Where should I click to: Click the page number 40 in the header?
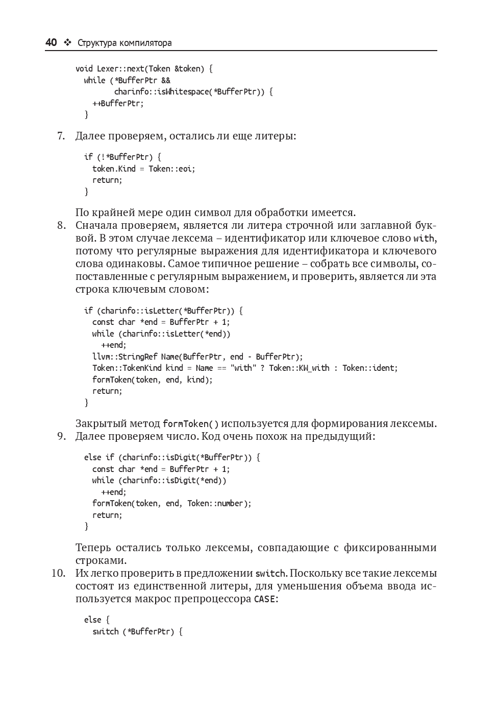[51, 43]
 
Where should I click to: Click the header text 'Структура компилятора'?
[125, 43]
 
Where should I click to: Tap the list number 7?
[61, 136]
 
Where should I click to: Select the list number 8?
[61, 225]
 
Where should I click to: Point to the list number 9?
[61, 436]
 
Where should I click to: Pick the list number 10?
[59, 573]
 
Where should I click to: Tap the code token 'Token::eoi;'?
[172, 169]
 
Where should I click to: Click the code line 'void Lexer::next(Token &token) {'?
[144, 68]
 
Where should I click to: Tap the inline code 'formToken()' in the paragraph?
[190, 424]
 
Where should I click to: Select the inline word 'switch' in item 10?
[270, 574]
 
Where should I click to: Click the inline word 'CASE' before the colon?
[264, 599]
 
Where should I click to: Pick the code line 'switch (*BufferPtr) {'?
[137, 631]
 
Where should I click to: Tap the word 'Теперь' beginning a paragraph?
[93, 548]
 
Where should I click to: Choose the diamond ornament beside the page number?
[67, 43]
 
